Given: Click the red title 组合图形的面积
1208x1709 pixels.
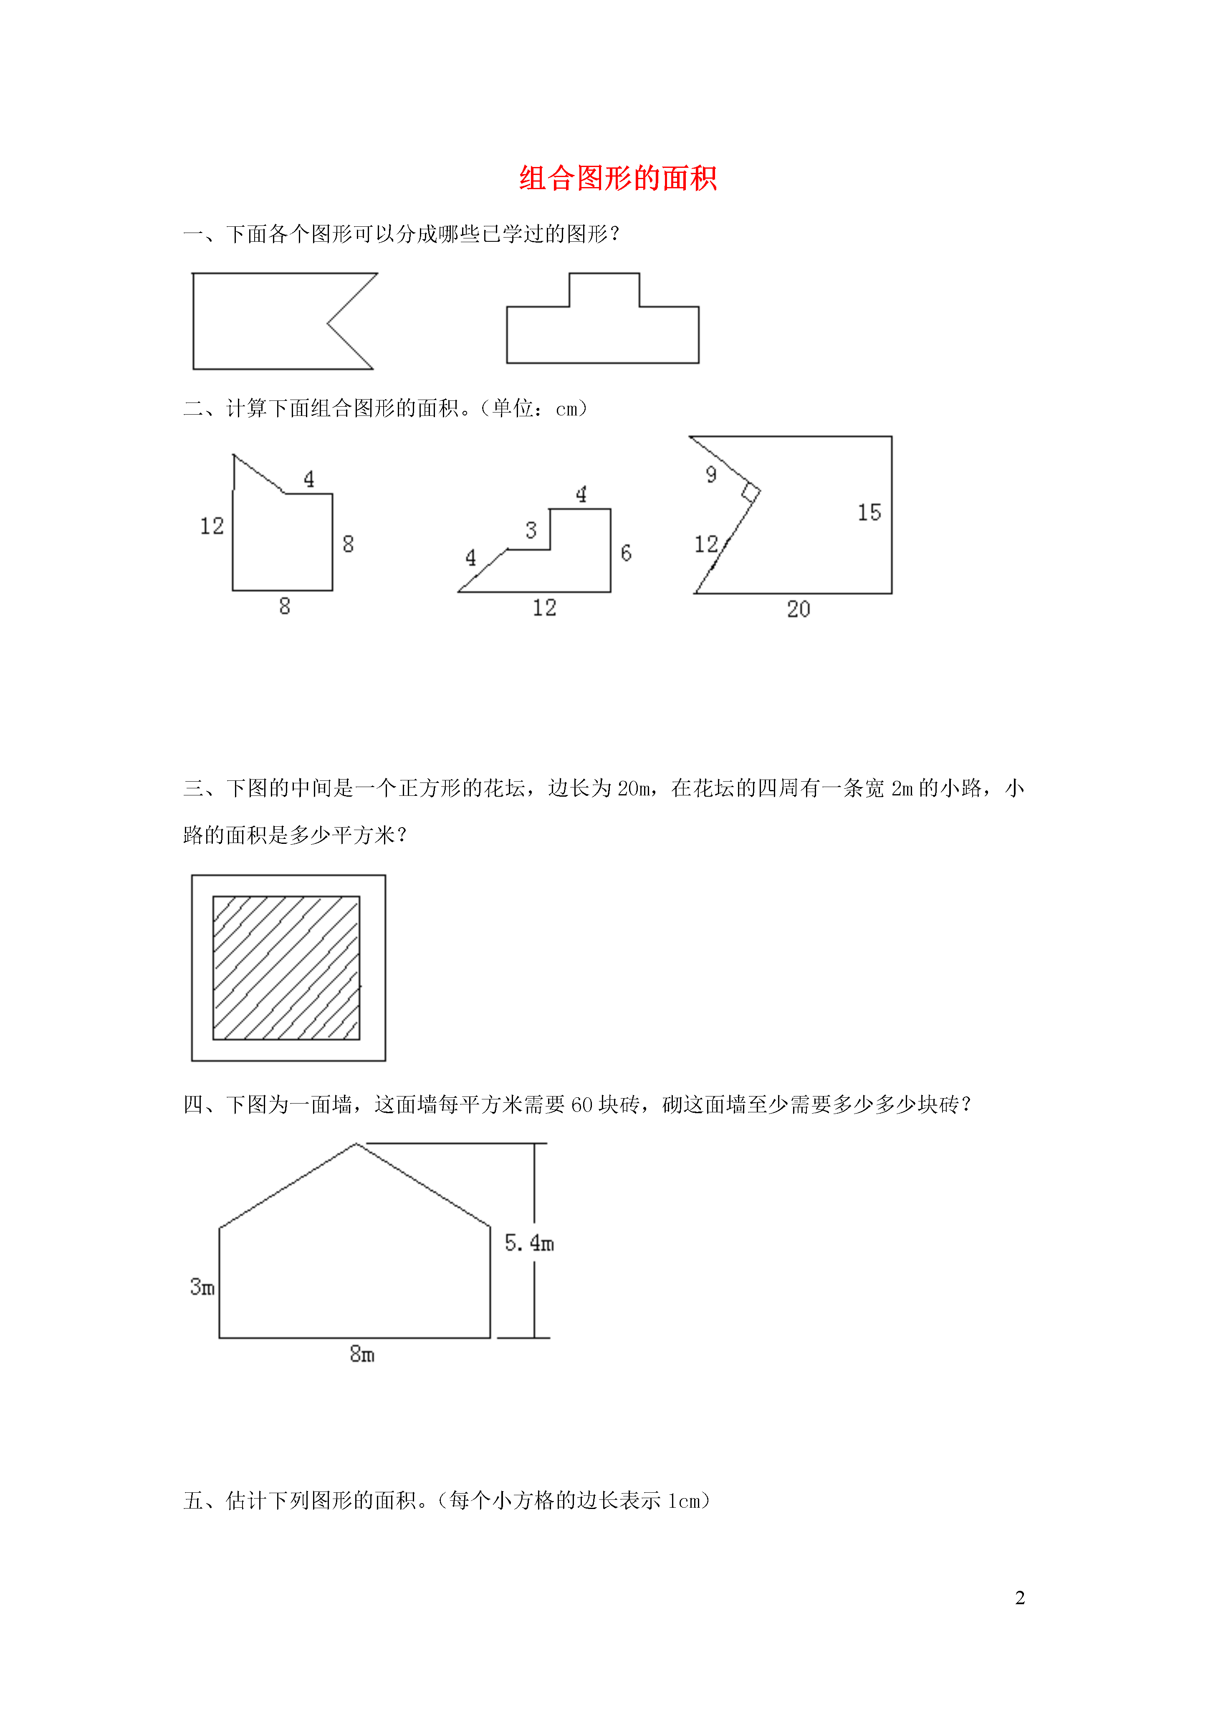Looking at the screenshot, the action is (x=618, y=179).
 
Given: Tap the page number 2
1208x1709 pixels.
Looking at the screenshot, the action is (x=1020, y=1598).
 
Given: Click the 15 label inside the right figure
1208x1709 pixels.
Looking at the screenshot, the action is (x=869, y=512).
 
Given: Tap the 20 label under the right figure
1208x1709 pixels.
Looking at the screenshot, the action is (x=799, y=609).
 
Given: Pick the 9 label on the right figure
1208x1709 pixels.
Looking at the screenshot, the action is (x=712, y=474).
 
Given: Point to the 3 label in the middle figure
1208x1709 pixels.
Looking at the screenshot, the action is (x=531, y=530).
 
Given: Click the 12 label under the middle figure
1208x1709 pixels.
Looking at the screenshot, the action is (x=544, y=608).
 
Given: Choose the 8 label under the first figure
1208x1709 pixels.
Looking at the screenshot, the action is (x=284, y=606).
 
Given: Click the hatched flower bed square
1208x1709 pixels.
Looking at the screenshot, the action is (x=287, y=967).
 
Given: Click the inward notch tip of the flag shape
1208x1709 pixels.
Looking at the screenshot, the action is (x=328, y=324).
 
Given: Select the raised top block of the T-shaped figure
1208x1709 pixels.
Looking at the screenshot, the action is (x=604, y=289).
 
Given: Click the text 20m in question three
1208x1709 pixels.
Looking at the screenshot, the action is (x=634, y=788).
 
